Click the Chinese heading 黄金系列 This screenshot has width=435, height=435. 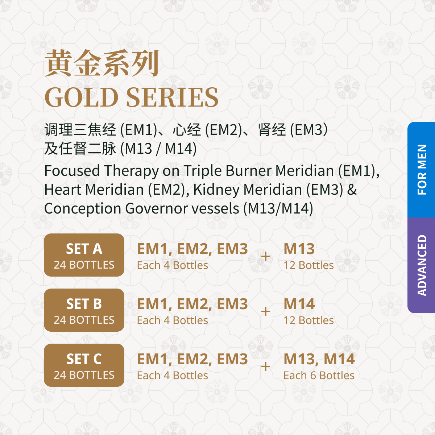click(102, 63)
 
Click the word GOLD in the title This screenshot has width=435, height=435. click(82, 97)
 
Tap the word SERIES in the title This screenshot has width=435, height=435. click(172, 97)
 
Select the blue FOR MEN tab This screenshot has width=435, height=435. click(421, 170)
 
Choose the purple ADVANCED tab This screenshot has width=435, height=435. click(421, 265)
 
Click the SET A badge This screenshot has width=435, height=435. click(84, 255)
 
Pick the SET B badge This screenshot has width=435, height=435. click(84, 310)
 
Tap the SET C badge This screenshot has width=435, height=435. click(84, 365)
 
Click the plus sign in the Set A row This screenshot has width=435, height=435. click(265, 257)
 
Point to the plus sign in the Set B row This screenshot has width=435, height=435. click(265, 312)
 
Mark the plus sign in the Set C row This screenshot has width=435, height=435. click(265, 366)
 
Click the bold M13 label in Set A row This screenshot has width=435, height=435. click(299, 249)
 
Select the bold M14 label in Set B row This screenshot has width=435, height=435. click(299, 304)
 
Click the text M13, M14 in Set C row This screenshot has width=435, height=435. click(319, 359)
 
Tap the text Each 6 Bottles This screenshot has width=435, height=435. click(319, 376)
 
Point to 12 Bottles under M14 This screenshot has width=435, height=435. click(308, 320)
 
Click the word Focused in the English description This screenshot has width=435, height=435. click(72, 171)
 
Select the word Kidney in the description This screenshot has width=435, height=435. click(216, 190)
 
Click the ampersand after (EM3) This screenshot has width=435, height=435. click(352, 190)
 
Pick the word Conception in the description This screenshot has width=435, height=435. click(83, 209)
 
